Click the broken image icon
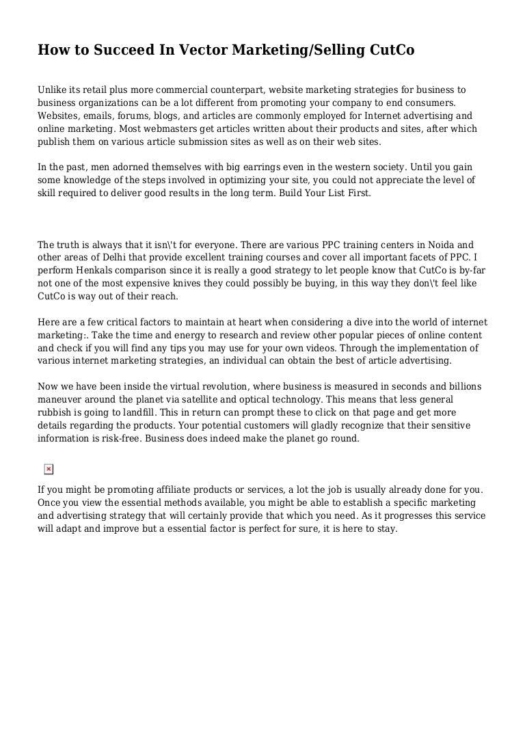(49, 469)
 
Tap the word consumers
(431, 103)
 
